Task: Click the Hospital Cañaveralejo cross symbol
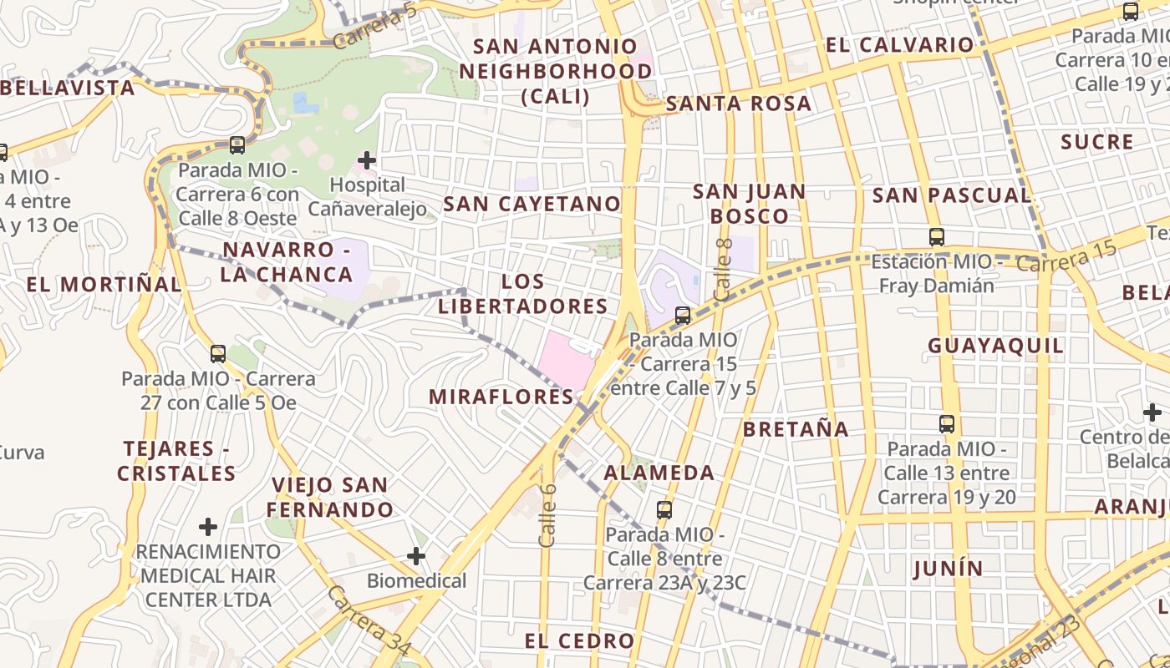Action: pyautogui.click(x=367, y=159)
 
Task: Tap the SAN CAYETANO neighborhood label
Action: pyautogui.click(x=532, y=204)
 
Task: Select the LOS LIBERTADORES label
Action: pyautogui.click(x=523, y=294)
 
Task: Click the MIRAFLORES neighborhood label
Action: pyautogui.click(x=501, y=397)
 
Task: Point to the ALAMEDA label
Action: pyautogui.click(x=659, y=473)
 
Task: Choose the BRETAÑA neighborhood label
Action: pyautogui.click(x=796, y=429)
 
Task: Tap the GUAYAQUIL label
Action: pyautogui.click(x=996, y=346)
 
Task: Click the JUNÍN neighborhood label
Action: pyautogui.click(x=948, y=569)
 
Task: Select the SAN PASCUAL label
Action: pyautogui.click(x=952, y=195)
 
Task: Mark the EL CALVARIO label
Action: pyautogui.click(x=900, y=45)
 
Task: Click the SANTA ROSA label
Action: pyautogui.click(x=739, y=104)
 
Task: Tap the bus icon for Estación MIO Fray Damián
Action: pyautogui.click(x=937, y=237)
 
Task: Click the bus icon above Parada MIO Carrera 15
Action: pyautogui.click(x=683, y=316)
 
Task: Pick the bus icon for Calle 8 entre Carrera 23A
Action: pyautogui.click(x=664, y=509)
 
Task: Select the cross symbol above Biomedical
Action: pyautogui.click(x=416, y=556)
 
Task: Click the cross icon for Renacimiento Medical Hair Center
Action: pyautogui.click(x=208, y=527)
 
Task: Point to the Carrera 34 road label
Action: pyautogui.click(x=369, y=620)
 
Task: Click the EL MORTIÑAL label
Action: pyautogui.click(x=104, y=284)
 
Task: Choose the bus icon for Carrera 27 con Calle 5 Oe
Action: pyautogui.click(x=218, y=354)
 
